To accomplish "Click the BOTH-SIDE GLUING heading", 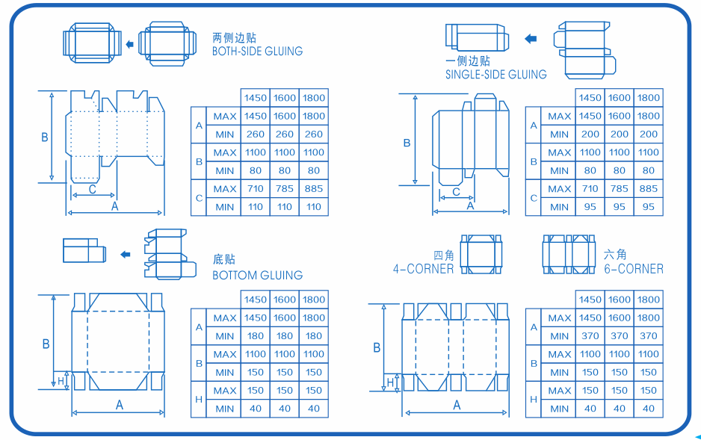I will click(x=257, y=52).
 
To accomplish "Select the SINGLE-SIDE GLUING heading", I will click(x=495, y=75).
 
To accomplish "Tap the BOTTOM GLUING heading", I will click(x=257, y=276).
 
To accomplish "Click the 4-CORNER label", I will click(x=423, y=269).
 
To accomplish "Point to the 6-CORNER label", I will click(x=633, y=269).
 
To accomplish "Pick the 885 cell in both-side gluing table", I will click(x=314, y=189).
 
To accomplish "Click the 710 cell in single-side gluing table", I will click(x=590, y=189).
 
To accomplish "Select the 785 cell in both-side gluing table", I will click(x=285, y=189).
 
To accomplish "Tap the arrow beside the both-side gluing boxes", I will click(x=129, y=45).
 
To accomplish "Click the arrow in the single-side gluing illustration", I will click(x=531, y=39).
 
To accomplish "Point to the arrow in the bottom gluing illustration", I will click(x=125, y=255).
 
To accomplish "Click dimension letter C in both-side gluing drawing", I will click(x=92, y=189).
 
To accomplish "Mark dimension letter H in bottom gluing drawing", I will click(x=61, y=381).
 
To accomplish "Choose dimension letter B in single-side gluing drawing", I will click(x=407, y=143).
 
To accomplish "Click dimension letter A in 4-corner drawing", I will click(x=457, y=405).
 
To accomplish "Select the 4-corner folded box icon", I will click(x=481, y=254).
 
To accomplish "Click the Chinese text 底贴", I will click(x=224, y=259).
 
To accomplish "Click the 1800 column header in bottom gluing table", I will click(x=314, y=300).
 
